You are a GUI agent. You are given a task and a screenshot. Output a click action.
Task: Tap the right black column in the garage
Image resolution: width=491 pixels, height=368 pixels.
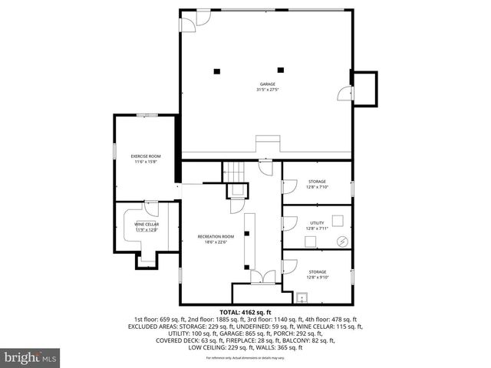coord(280,69)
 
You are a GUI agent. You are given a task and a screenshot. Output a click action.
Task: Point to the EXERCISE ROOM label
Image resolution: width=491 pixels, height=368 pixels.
coord(145,159)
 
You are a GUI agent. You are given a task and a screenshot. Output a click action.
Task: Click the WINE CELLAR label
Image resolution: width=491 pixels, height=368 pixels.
coord(146,227)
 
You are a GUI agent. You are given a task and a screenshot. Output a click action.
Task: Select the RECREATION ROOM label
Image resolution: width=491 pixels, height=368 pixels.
coord(215,239)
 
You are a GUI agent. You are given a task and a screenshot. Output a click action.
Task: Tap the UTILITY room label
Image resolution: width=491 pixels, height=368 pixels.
coord(317,225)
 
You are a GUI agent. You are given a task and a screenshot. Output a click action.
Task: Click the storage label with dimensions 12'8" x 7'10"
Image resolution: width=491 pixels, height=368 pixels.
coord(317,184)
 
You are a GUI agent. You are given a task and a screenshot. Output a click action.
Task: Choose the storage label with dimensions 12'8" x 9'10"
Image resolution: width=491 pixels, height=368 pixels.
coord(317,274)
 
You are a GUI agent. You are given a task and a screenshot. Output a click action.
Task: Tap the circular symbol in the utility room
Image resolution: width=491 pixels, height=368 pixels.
coord(342,241)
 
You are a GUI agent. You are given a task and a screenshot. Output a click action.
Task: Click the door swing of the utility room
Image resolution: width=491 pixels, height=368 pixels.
coord(289,222)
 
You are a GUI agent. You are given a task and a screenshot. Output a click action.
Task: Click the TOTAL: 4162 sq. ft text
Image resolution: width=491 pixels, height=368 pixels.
coord(245,312)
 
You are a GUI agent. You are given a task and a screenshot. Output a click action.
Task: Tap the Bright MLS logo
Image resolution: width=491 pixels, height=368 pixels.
coord(31,357)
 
